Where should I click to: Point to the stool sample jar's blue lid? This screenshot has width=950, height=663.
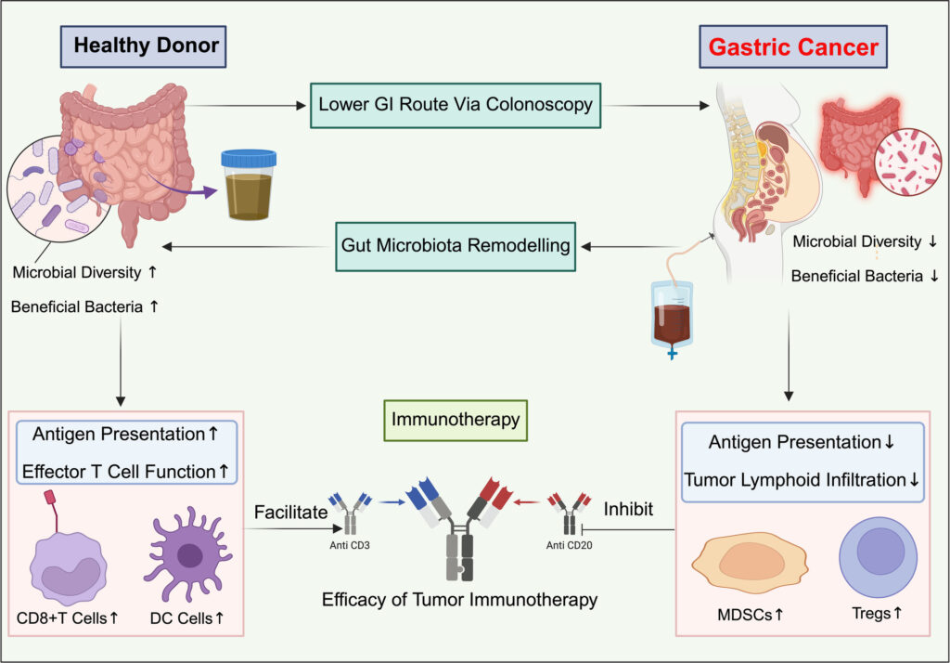(249, 160)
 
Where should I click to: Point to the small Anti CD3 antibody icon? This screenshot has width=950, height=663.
(350, 512)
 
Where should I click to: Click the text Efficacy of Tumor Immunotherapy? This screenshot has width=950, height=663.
(459, 600)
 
